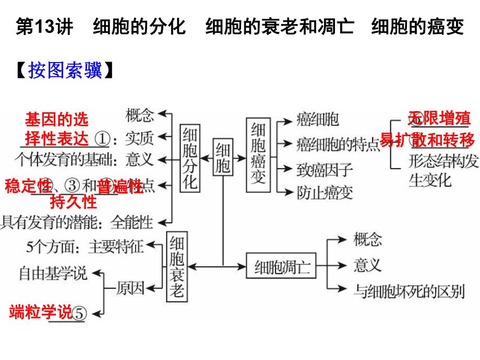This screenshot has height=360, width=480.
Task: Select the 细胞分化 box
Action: (190, 157)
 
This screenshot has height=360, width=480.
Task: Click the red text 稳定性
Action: (28, 185)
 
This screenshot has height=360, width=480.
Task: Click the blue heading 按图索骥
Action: (65, 70)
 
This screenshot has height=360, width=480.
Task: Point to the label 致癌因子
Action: (325, 169)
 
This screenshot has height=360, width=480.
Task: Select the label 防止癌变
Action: (325, 193)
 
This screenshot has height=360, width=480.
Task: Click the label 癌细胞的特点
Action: (338, 143)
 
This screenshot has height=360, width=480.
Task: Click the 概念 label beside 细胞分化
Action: (140, 114)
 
